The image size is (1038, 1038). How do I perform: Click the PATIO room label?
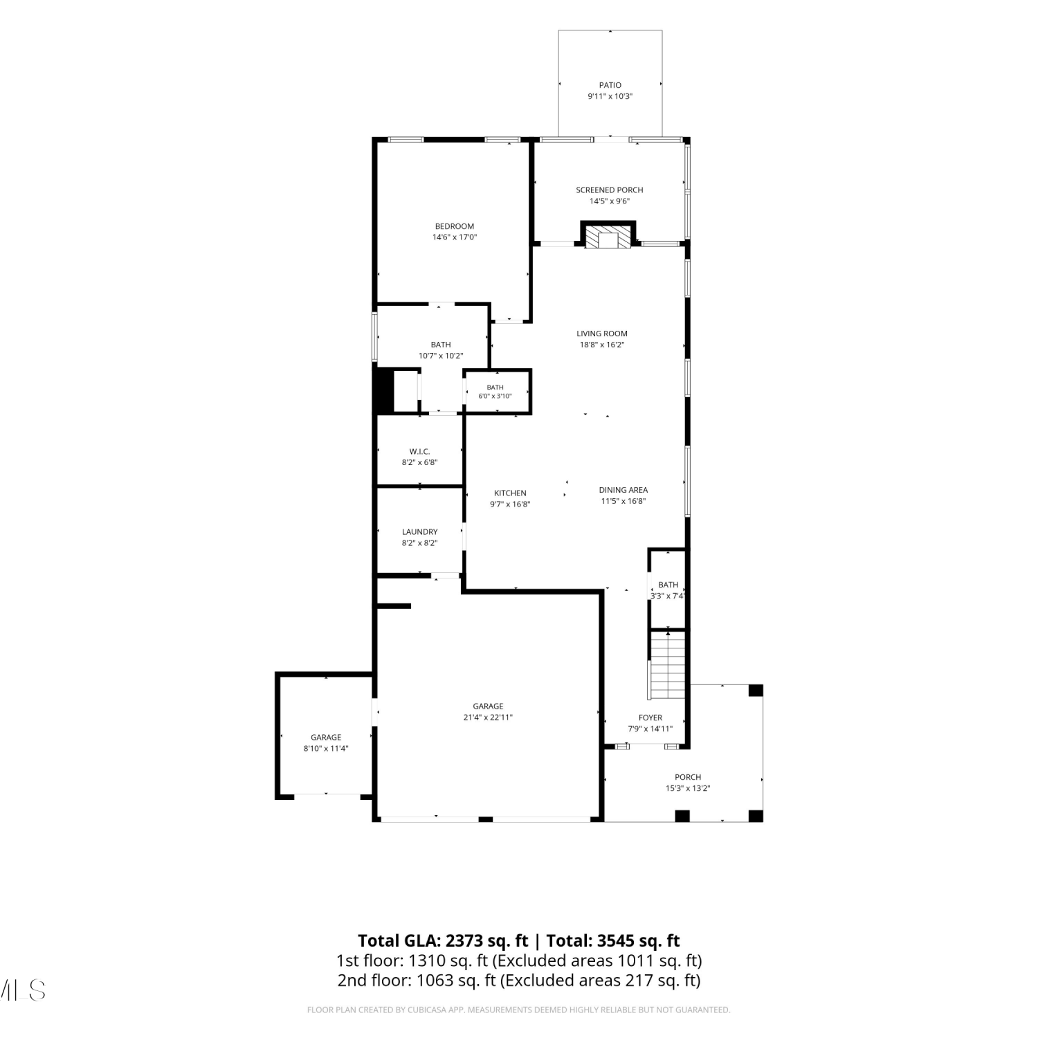610,85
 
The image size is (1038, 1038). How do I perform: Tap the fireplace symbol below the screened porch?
608,235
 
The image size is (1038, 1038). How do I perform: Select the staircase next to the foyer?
668,665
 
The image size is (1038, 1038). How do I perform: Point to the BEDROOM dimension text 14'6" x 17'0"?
455,237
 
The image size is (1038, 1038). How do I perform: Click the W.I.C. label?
419,452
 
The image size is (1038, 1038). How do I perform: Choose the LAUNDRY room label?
419,532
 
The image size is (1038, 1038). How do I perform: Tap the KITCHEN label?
510,493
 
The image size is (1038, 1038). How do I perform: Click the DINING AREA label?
623,490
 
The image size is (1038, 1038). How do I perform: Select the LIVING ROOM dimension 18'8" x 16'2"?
602,345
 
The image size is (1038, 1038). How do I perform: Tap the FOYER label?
650,718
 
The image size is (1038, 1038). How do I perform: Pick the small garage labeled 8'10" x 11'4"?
326,738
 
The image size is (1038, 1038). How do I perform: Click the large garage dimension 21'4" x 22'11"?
488,718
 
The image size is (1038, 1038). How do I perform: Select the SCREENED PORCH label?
610,190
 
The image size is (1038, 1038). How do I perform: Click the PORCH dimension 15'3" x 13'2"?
688,788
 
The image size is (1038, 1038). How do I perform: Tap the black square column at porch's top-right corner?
756,691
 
